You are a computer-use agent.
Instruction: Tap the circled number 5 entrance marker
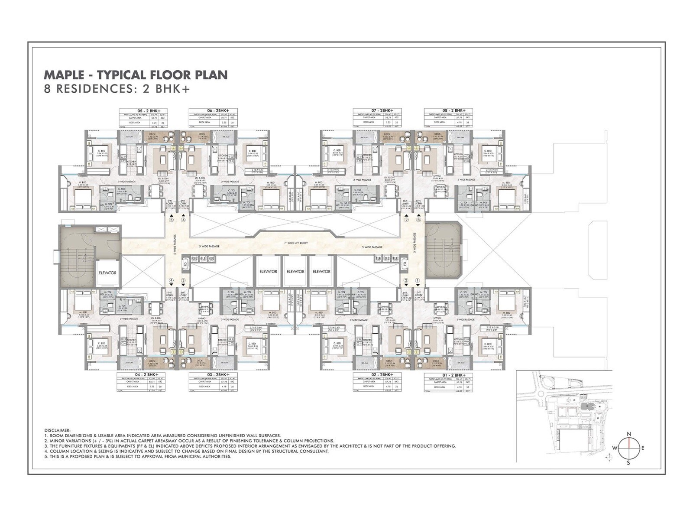(x=172, y=220)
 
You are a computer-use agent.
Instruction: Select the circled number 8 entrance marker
(x=418, y=220)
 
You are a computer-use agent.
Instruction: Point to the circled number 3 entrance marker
(x=183, y=281)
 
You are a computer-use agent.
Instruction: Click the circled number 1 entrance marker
(x=418, y=281)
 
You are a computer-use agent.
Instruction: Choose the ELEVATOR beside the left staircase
(x=107, y=273)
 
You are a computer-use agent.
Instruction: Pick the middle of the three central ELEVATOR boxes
(x=295, y=272)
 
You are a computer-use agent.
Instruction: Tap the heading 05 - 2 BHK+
(x=143, y=111)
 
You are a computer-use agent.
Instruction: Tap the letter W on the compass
(x=614, y=448)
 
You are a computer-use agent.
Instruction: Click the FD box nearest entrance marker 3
(x=186, y=263)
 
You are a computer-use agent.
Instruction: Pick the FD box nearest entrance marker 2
(x=404, y=263)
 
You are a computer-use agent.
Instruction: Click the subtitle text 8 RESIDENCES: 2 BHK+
(x=117, y=89)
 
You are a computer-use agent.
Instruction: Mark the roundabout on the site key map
(x=541, y=394)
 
